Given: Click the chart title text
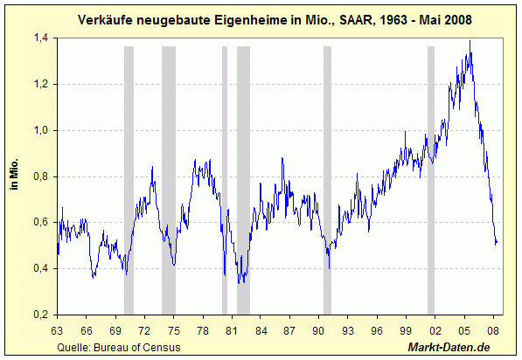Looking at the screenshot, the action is pos(275,20).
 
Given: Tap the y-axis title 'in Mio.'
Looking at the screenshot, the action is pos(14,174).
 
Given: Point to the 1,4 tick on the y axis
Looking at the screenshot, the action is pos(41,38).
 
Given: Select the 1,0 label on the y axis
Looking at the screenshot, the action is pos(41,130).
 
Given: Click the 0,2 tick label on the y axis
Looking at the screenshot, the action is pos(41,315).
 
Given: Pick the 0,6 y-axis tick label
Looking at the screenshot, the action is pos(41,222).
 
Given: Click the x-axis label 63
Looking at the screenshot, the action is pos(57,330).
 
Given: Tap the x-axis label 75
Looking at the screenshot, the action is pos(174,330).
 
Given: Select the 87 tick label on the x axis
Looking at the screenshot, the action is pos(289,330).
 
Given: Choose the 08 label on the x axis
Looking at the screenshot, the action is pos(493,330).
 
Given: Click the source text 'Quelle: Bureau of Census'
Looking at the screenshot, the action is pos(119,348).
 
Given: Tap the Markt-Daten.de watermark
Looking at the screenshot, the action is pos(449,348).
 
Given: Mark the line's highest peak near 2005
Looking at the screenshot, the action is pos(470,40).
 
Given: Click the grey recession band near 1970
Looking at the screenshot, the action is pos(129,180).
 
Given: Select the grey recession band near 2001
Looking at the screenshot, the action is pos(431,180).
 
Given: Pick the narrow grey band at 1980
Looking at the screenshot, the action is pos(225,180).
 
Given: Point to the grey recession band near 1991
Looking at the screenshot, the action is pos(327,180).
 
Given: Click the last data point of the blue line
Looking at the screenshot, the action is pos(497,242).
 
